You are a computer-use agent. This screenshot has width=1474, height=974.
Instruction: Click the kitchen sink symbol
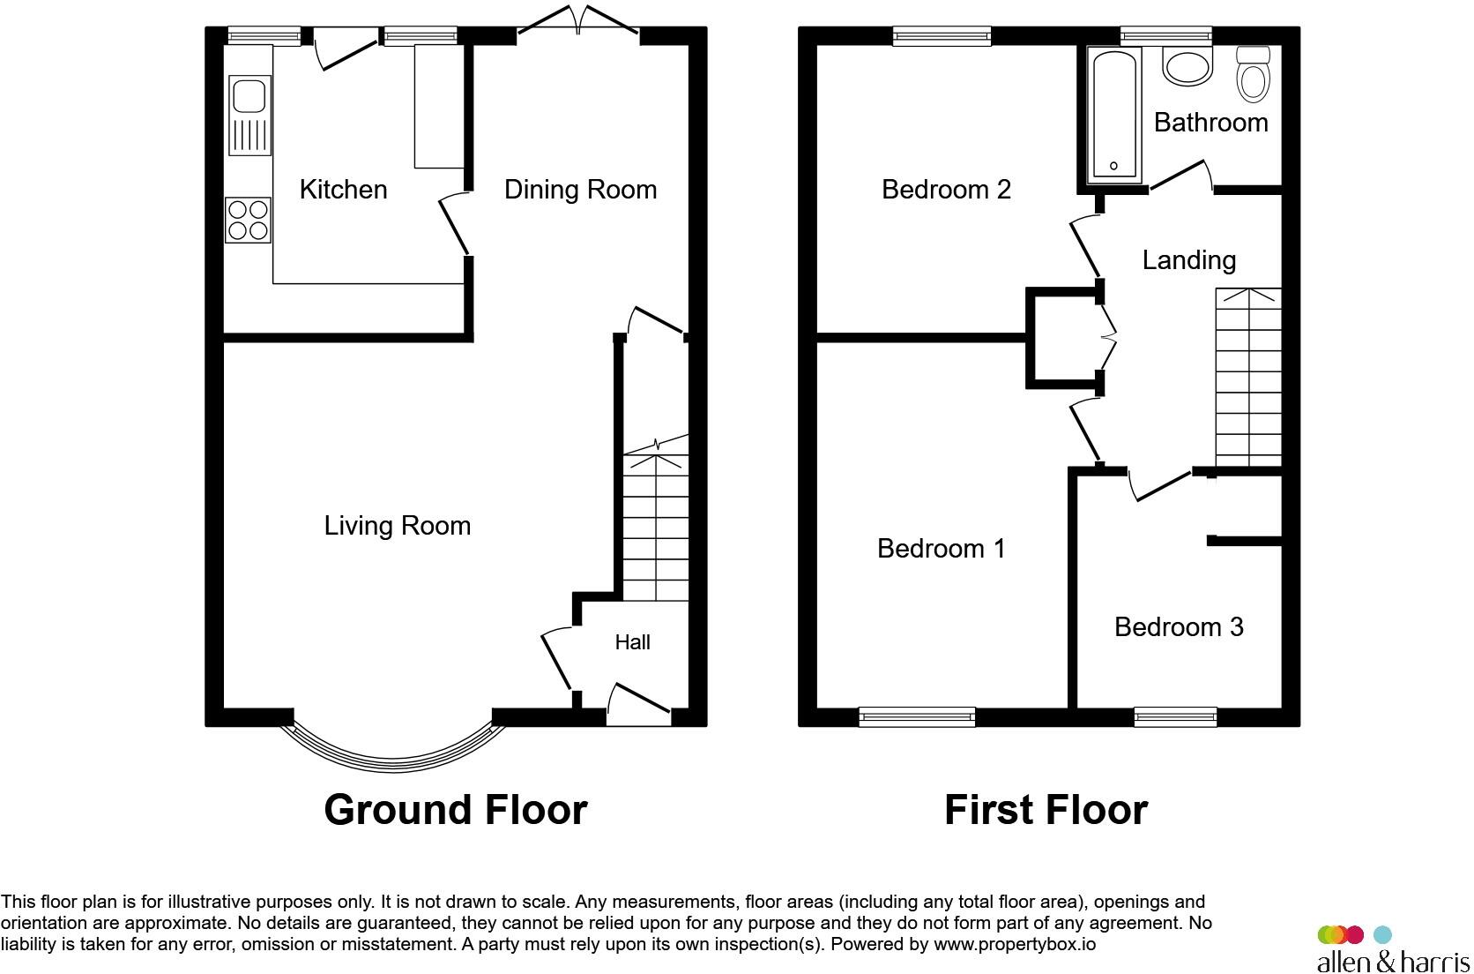tap(249, 115)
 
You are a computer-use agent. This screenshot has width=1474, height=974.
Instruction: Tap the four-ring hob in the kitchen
tap(248, 220)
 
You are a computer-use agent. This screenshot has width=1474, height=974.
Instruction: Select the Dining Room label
tap(580, 190)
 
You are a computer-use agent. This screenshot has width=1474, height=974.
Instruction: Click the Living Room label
tap(398, 526)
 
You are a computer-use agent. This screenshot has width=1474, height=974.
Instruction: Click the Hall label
tap(632, 642)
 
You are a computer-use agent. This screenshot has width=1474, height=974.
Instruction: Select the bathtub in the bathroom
tap(1114, 115)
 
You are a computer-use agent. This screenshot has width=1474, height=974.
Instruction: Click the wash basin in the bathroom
tap(1187, 67)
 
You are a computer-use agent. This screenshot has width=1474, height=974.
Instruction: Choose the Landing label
tap(1188, 260)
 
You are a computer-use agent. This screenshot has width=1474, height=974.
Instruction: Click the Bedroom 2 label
tap(946, 190)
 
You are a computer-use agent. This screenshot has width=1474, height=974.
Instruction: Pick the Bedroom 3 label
tap(1179, 627)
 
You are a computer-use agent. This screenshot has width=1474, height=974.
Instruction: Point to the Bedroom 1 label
tap(941, 549)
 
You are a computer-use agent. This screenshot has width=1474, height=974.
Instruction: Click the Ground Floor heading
tap(455, 810)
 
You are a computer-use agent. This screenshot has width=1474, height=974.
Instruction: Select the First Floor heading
tap(1046, 810)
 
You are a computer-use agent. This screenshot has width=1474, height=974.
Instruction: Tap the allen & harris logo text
tap(1393, 960)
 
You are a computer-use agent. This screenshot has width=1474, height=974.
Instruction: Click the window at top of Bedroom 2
tap(942, 36)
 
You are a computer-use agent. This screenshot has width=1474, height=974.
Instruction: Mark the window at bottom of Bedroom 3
tap(1175, 717)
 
